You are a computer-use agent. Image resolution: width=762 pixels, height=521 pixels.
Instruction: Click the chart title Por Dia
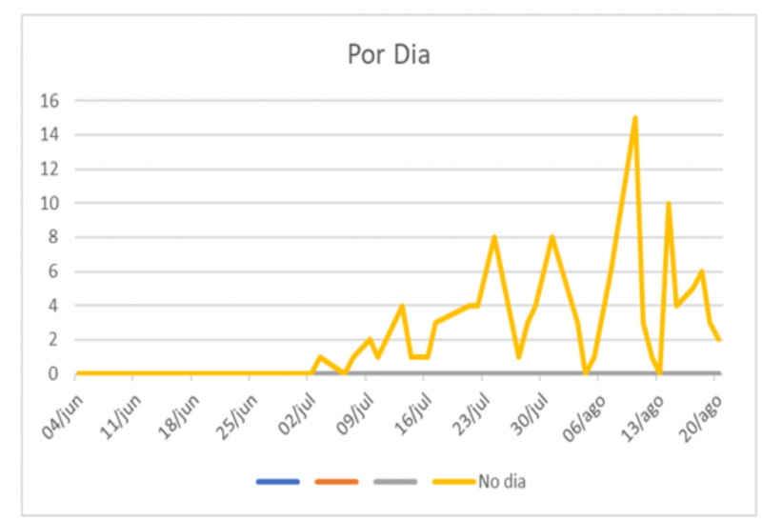tap(389, 54)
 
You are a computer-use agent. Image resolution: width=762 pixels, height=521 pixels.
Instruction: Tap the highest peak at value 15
tap(634, 118)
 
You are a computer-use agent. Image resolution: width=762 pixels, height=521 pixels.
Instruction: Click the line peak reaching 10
tap(669, 204)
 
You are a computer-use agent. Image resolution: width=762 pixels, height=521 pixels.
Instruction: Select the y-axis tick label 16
tap(50, 101)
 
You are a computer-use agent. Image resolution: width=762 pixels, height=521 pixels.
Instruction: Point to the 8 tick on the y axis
tap(53, 237)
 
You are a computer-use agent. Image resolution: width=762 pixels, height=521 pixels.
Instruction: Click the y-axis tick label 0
tap(53, 373)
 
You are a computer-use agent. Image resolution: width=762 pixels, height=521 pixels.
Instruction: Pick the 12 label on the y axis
tap(50, 170)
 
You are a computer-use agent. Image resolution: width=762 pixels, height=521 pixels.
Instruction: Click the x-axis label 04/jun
tap(63, 417)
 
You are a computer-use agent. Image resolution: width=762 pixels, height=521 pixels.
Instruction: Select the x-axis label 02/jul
tap(297, 414)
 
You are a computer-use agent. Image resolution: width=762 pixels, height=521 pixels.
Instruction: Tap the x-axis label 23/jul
tap(471, 414)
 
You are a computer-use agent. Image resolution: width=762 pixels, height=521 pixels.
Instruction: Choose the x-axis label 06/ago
tap(584, 418)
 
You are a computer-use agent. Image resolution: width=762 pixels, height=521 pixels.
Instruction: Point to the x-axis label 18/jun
tap(179, 417)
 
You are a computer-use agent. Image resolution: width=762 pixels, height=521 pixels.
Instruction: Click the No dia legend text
tap(502, 482)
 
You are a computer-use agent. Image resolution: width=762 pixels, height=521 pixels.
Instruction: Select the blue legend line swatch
tap(277, 482)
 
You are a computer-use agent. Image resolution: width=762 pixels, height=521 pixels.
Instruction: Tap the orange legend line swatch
tap(336, 482)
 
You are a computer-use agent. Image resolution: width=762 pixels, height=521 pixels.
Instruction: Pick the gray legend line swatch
tap(395, 482)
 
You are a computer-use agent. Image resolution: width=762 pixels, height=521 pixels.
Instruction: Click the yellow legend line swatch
tap(453, 482)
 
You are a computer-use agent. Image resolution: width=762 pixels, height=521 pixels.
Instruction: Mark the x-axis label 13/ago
tap(642, 418)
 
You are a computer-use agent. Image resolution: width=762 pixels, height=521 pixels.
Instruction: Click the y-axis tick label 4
tap(53, 306)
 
